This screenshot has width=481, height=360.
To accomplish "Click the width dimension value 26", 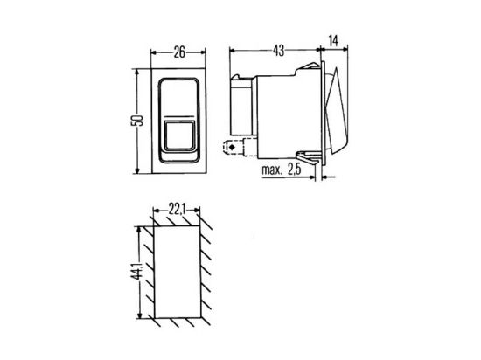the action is (x=179, y=52).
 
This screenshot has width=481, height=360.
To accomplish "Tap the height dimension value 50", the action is (x=137, y=120).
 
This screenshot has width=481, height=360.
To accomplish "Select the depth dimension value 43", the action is (x=278, y=51).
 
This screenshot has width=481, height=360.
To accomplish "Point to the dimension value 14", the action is (x=333, y=41).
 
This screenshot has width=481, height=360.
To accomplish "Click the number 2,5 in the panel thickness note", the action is (x=295, y=170).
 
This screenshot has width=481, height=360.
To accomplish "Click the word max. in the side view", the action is (x=272, y=170).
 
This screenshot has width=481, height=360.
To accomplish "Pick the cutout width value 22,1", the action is (x=177, y=210).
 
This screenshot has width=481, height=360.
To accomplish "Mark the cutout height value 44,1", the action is (x=136, y=271).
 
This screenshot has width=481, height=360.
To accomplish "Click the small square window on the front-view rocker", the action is (x=180, y=135).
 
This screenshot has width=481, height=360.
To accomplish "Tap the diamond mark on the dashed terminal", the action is (x=232, y=148).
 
